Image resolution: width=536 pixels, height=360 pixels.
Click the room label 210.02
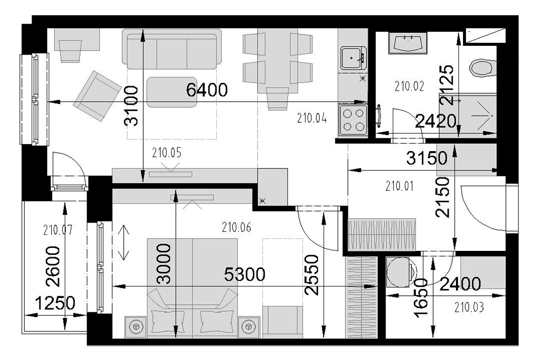tap(409, 86)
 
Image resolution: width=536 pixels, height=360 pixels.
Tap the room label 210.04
tap(312, 118)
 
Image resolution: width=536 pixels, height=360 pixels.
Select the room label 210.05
tap(167, 153)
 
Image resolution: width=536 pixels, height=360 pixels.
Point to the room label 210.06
tap(236, 227)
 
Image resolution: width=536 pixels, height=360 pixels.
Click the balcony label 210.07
tap(58, 230)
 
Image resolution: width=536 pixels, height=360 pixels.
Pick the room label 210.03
tap(469, 307)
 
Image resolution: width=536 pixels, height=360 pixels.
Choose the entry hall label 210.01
tap(399, 186)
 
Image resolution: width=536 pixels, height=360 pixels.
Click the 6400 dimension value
tap(207, 90)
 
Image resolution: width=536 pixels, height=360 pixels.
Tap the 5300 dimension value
tap(245, 274)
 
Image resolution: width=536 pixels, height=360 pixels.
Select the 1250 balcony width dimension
tap(55, 303)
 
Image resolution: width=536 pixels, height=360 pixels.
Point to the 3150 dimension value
tap(427, 158)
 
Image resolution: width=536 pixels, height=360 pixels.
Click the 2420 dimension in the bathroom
tap(436, 121)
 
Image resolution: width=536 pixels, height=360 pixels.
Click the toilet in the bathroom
tap(483, 68)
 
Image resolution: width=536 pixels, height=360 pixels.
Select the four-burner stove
tap(353, 119)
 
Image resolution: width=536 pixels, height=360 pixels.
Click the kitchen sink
tap(353, 58)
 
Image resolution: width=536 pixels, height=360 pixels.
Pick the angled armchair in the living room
tap(97, 96)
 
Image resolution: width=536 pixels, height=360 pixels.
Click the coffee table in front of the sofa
tap(172, 92)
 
